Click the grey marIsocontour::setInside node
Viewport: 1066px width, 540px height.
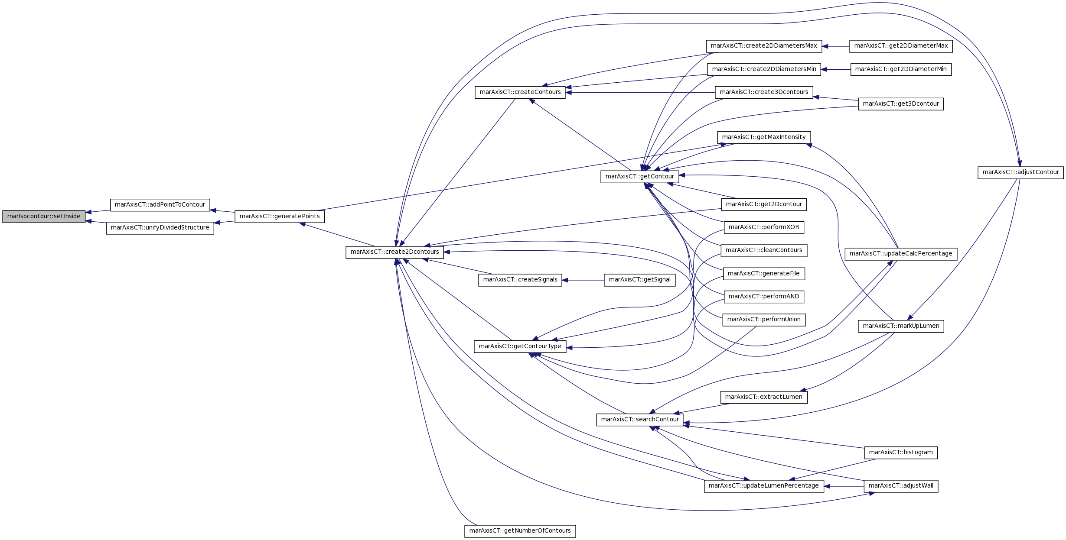click(44, 217)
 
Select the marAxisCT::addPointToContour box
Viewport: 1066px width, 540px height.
click(160, 205)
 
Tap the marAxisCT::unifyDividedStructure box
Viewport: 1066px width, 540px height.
click(160, 228)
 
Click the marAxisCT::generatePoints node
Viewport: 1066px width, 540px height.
click(280, 217)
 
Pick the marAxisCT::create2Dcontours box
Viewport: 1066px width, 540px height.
click(394, 252)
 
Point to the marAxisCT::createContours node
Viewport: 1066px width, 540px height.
click(520, 92)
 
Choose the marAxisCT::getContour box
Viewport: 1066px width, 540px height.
click(639, 177)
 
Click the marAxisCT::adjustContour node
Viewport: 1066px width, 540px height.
click(1020, 172)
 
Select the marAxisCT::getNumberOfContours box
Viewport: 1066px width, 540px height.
click(520, 531)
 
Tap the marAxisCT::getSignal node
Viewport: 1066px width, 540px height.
click(639, 280)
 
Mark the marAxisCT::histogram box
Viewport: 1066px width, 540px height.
click(901, 453)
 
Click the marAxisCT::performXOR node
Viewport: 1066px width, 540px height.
click(764, 227)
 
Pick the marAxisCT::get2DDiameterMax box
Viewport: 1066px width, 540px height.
click(901, 46)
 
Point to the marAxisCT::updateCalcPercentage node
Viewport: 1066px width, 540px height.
click(901, 254)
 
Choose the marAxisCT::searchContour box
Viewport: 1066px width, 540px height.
click(640, 420)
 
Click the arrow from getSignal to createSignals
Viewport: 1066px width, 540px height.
click(583, 280)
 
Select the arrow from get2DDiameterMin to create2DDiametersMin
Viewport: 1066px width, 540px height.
click(836, 69)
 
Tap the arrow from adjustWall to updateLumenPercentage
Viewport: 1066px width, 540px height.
click(844, 486)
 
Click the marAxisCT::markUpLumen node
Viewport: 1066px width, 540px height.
click(901, 326)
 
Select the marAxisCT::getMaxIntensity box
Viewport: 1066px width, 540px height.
click(764, 137)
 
